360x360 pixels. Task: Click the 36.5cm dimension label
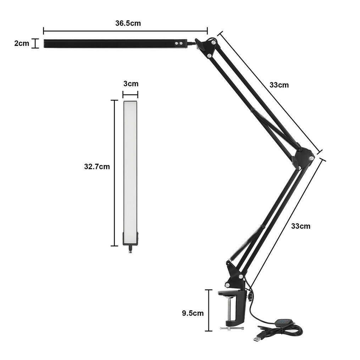coord(128,23)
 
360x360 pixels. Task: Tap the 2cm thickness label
coord(22,43)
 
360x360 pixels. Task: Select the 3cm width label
coord(131,84)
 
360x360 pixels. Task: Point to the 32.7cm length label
coord(97,166)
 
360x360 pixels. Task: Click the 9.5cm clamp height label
coord(193,313)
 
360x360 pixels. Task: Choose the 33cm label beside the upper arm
coord(279,85)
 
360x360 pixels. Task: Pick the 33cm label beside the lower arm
coord(301,226)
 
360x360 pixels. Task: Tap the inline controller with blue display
coord(282,322)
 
